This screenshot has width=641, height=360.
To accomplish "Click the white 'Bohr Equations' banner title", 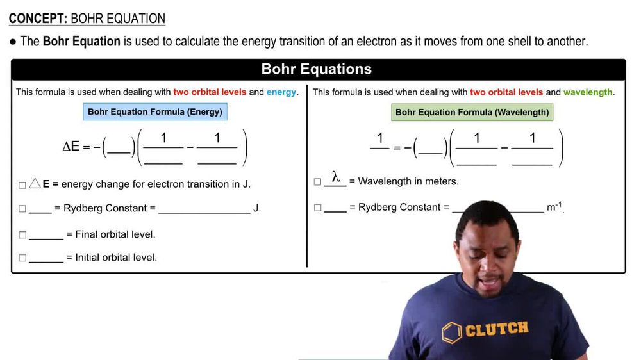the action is click(x=317, y=69).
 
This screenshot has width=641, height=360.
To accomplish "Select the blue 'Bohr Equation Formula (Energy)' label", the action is click(x=155, y=111).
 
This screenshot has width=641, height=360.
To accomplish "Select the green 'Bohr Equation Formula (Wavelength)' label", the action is click(x=472, y=112).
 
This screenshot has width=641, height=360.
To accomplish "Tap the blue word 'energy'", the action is click(x=281, y=92).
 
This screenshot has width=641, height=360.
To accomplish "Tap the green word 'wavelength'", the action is click(x=588, y=92).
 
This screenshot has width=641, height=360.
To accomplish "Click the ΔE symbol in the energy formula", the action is click(x=71, y=146).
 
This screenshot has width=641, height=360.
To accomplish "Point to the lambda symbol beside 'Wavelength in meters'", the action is click(x=336, y=177).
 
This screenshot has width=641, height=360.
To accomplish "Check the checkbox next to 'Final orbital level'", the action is click(x=22, y=235).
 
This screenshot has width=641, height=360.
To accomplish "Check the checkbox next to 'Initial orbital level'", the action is click(x=22, y=258).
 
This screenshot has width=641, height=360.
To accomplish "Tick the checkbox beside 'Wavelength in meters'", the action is click(x=318, y=182).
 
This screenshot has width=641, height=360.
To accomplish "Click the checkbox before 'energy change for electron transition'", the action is click(x=22, y=185).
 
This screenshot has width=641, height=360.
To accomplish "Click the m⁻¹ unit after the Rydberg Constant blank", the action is click(x=554, y=207).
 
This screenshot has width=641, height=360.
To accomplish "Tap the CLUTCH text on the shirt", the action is click(x=497, y=329).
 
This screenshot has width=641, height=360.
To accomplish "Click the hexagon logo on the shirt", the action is click(x=452, y=332).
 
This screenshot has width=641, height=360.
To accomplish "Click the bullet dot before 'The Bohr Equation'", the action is click(x=13, y=41).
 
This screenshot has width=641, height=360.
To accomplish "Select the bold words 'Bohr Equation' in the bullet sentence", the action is click(x=81, y=41).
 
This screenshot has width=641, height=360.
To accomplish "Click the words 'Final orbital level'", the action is click(x=115, y=234).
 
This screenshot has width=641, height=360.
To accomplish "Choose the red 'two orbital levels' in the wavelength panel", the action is click(x=506, y=92).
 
